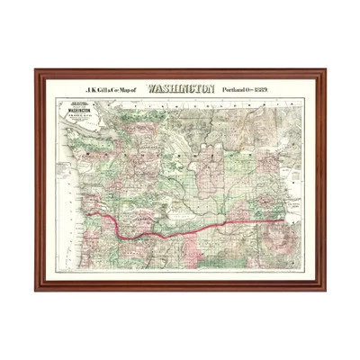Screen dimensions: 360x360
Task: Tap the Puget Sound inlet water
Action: click(112, 166)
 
